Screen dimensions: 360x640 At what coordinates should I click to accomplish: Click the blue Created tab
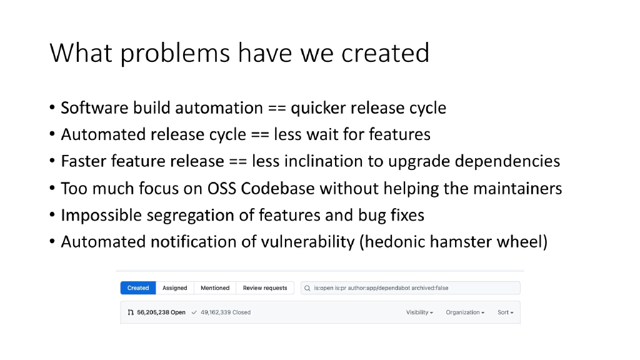point(137,288)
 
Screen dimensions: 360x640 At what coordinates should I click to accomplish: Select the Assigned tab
point(174,288)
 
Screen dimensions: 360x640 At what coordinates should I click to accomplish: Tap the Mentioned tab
point(215,288)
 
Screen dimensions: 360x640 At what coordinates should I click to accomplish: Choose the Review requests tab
point(265,288)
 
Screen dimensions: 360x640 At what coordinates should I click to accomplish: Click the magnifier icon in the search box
point(307,288)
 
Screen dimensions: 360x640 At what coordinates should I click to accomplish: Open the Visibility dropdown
point(419,312)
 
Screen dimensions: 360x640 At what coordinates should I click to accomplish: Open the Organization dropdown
point(465,312)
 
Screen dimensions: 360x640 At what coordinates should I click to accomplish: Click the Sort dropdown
point(505,312)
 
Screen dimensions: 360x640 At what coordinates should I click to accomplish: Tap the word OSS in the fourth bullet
point(222,189)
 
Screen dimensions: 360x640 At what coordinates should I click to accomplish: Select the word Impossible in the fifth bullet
point(101,216)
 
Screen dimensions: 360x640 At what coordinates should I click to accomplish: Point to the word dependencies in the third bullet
point(507,162)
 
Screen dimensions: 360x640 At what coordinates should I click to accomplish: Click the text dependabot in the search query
point(396,288)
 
